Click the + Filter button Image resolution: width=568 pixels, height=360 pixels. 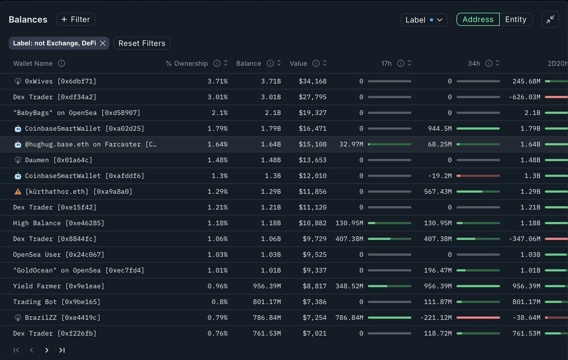point(76,19)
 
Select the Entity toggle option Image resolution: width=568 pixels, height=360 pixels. point(515,19)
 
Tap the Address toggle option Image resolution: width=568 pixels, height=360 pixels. point(478,19)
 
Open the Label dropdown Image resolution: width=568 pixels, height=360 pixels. point(424,20)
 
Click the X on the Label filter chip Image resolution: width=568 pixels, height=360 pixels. point(103,44)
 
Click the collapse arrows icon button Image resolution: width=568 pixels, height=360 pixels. point(550,19)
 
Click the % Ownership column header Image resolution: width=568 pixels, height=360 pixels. point(186,63)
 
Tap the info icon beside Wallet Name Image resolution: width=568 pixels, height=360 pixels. point(61,63)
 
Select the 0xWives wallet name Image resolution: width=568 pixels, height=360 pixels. point(60,81)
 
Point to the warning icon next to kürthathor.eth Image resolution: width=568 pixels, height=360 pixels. point(18,192)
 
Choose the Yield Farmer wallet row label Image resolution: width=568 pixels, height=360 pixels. point(58,286)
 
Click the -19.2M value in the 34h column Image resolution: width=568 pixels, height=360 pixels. point(441,176)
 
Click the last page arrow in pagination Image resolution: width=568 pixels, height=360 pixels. point(62,350)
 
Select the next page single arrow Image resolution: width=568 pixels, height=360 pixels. point(46,350)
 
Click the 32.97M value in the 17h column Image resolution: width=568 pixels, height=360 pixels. point(351,144)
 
